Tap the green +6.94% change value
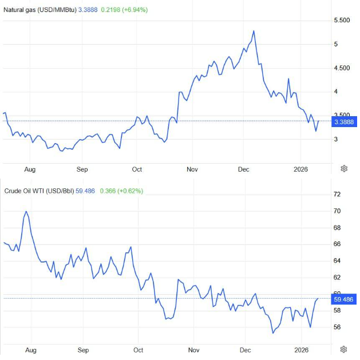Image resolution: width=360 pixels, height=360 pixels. point(134,10)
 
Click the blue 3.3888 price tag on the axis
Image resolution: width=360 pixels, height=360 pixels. point(345,122)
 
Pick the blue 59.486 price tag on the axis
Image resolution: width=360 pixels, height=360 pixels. point(344,299)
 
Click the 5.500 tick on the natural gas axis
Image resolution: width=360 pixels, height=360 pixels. point(342,20)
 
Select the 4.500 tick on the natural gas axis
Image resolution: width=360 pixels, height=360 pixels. point(342,68)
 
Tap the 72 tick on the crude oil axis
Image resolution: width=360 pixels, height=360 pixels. point(337,195)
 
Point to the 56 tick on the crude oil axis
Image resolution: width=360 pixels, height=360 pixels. point(337,327)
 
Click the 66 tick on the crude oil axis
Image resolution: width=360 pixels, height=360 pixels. point(337,244)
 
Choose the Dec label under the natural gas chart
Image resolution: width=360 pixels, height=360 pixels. point(243,169)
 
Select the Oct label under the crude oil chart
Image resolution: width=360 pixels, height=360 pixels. point(137,349)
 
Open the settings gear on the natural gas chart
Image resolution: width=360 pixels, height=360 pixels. point(344,168)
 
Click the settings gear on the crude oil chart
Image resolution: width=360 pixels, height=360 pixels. point(344,349)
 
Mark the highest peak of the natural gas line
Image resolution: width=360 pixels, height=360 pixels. point(254,31)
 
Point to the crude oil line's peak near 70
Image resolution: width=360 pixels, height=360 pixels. point(26,212)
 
